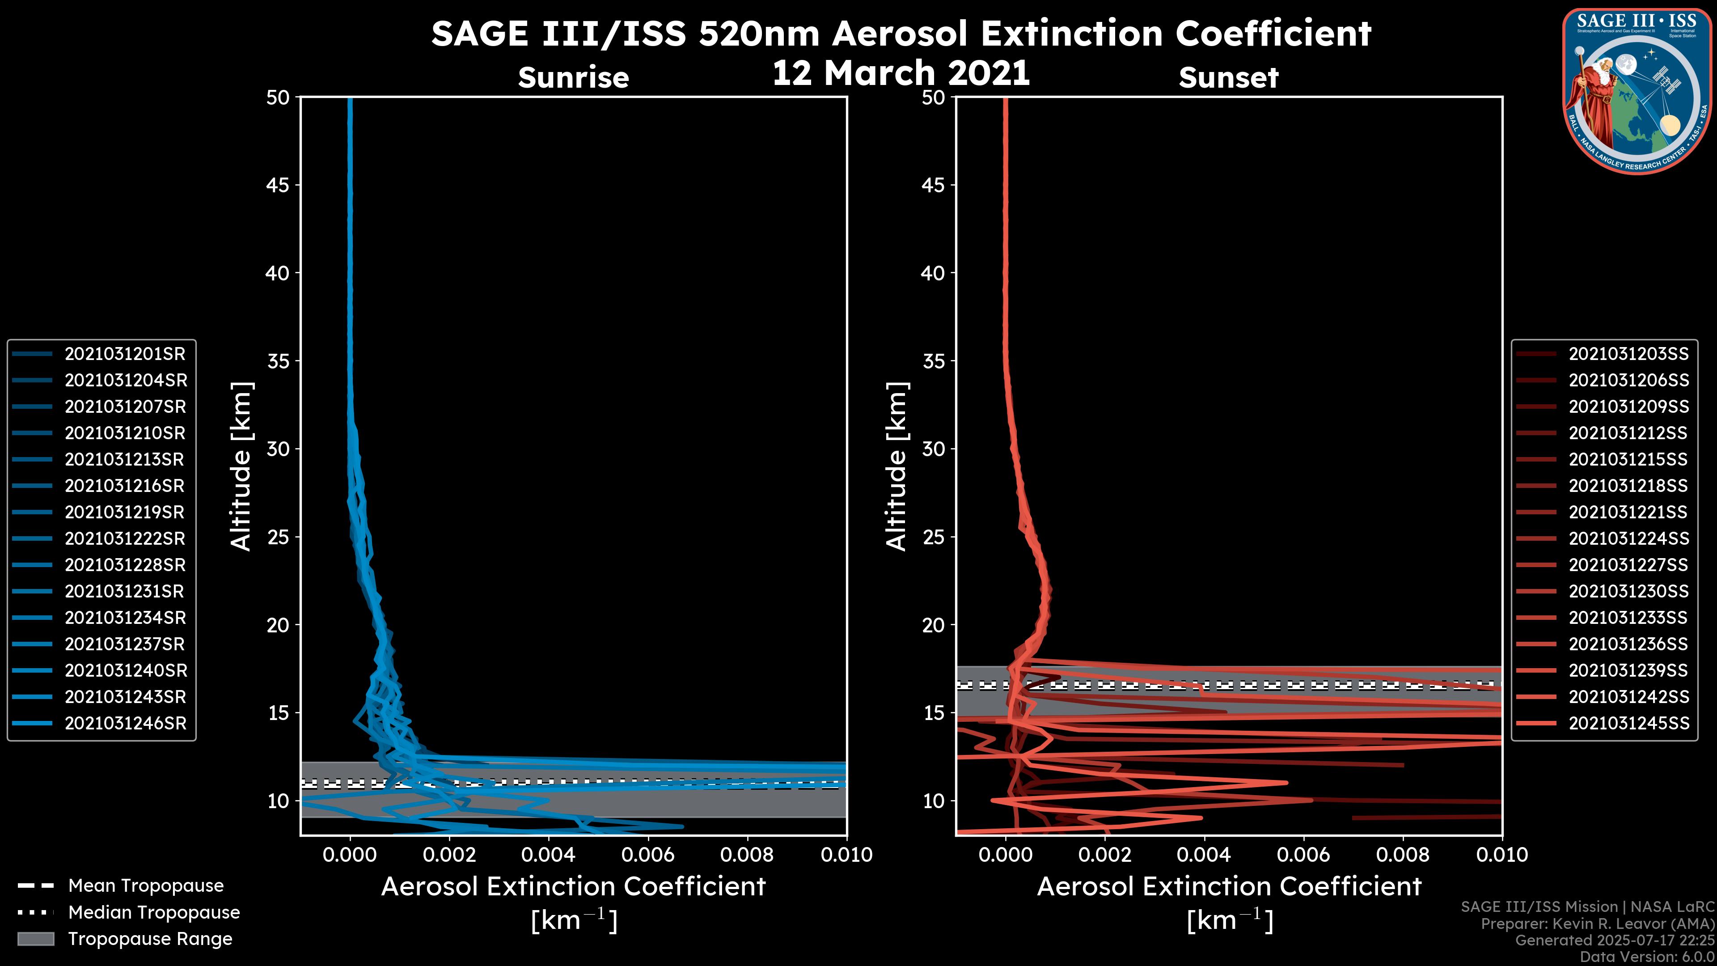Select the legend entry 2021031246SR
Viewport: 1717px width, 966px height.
[125, 723]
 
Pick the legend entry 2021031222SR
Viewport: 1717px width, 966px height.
[125, 538]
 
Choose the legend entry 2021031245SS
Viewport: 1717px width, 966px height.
[1628, 723]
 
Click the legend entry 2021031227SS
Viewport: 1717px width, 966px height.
[1628, 565]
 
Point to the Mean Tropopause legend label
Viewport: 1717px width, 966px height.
[145, 886]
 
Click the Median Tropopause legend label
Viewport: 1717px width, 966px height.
[154, 913]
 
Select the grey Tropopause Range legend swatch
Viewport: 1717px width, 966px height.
[35, 939]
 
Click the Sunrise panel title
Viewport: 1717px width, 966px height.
[573, 78]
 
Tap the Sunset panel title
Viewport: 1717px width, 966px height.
[1228, 78]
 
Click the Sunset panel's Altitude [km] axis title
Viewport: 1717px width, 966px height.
[897, 466]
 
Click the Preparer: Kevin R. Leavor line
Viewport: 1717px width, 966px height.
[1598, 924]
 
